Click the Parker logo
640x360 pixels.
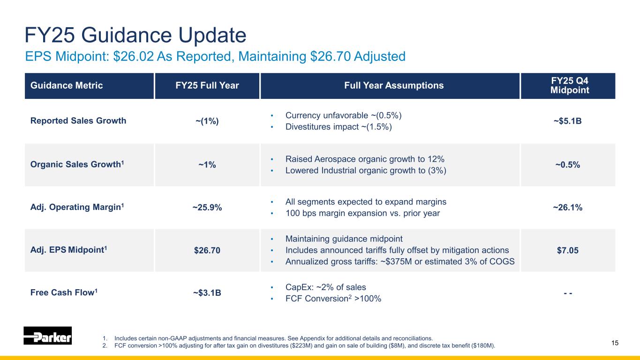click(x=47, y=336)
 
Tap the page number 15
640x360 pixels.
click(x=615, y=343)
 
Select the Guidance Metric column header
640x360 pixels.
click(x=67, y=86)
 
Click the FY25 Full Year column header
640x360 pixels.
click(x=207, y=86)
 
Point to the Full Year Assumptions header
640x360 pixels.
click(x=390, y=86)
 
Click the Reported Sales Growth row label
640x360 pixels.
click(x=78, y=120)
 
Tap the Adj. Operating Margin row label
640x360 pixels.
click(x=77, y=207)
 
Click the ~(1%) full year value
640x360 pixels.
click(x=207, y=121)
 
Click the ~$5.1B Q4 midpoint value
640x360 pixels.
click(x=567, y=121)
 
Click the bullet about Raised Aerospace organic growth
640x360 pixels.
click(x=365, y=158)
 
